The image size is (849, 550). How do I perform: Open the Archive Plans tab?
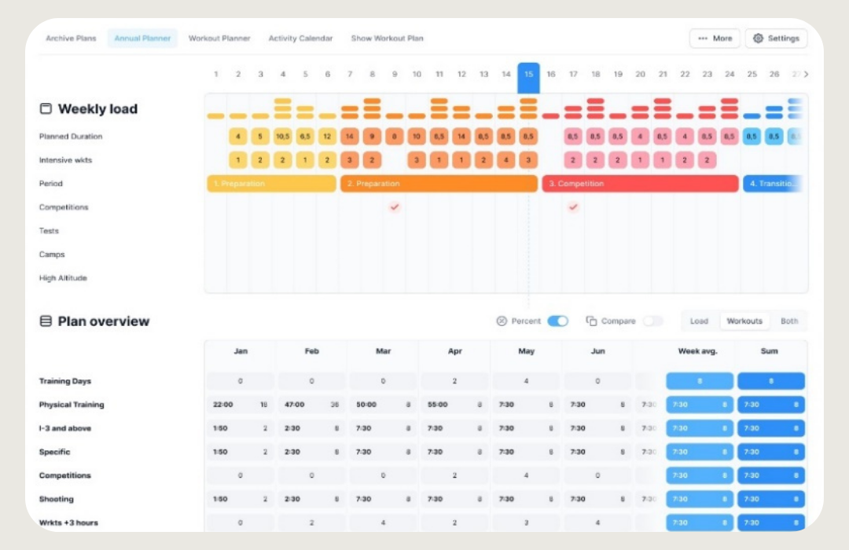click(71, 38)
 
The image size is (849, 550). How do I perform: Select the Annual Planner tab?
click(142, 38)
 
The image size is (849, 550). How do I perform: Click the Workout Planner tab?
click(219, 38)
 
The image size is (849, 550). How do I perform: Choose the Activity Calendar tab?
click(300, 38)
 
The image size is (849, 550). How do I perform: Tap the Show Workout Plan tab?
click(387, 38)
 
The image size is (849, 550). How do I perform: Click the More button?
click(715, 38)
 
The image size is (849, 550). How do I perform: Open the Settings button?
click(776, 38)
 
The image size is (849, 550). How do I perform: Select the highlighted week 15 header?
click(528, 75)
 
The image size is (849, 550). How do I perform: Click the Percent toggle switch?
click(558, 321)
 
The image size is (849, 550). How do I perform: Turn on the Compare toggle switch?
click(652, 321)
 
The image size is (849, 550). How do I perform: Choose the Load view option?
click(699, 321)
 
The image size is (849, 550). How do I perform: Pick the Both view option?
click(788, 321)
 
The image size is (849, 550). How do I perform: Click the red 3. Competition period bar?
click(640, 184)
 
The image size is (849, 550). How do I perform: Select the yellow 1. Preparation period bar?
click(272, 184)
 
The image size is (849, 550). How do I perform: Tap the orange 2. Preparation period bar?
click(439, 184)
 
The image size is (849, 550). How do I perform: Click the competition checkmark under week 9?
click(395, 207)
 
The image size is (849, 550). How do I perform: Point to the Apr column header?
click(455, 351)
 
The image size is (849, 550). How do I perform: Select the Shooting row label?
click(57, 499)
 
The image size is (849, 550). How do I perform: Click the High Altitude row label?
click(63, 278)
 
